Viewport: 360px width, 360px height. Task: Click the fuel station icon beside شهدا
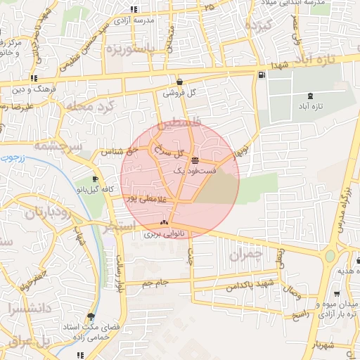pyautogui.click(x=262, y=75)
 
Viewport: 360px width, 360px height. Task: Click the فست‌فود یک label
pyautogui.click(x=191, y=170)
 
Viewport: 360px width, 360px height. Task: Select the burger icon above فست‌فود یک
pyautogui.click(x=195, y=160)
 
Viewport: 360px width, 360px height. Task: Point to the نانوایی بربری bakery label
pyautogui.click(x=163, y=233)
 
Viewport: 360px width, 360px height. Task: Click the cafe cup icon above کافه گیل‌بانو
pyautogui.click(x=96, y=179)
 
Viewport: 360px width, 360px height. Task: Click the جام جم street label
pyautogui.click(x=153, y=283)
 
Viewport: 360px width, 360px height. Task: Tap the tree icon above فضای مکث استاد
pyautogui.click(x=90, y=317)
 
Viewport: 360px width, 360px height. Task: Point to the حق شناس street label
pyautogui.click(x=112, y=152)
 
